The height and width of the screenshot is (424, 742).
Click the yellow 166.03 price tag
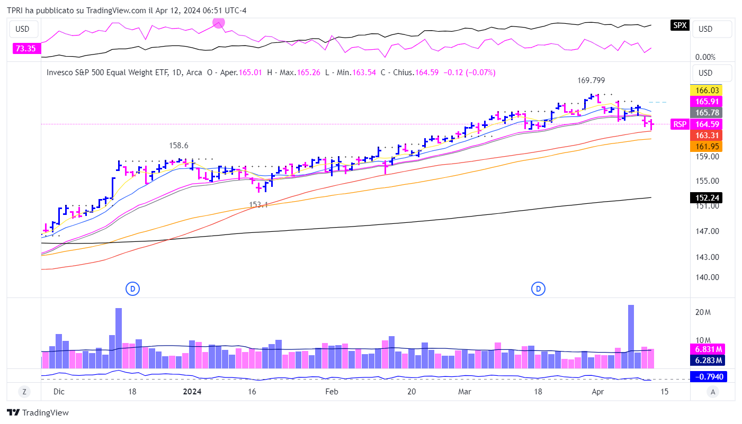tap(707, 91)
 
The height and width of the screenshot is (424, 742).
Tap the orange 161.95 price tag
tap(707, 146)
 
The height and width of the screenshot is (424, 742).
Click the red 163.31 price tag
tap(707, 135)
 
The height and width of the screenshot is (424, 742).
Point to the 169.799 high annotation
tap(591, 81)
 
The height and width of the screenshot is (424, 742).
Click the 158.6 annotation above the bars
tap(178, 145)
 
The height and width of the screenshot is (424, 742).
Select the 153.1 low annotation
tap(258, 204)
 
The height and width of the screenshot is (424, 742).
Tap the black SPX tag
tap(680, 25)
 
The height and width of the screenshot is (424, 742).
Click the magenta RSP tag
tap(679, 124)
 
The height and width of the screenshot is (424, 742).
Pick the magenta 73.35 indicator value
tap(25, 49)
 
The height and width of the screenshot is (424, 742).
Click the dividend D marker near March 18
tap(538, 288)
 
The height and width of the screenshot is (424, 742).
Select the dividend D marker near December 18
tap(132, 288)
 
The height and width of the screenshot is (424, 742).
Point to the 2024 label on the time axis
tap(192, 392)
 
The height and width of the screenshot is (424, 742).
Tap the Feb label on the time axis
tap(331, 392)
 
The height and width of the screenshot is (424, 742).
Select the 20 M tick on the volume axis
tap(703, 312)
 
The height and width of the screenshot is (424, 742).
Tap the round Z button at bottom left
tap(24, 392)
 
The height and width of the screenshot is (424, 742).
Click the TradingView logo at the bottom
tap(38, 412)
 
